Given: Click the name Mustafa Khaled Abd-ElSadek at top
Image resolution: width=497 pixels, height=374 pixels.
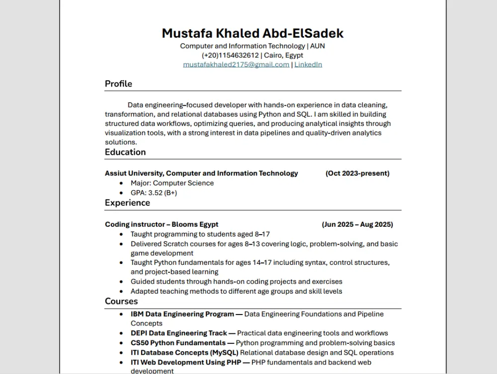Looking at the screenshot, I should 252,33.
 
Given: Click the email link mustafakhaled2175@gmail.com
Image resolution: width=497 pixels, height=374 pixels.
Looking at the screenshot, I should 236,64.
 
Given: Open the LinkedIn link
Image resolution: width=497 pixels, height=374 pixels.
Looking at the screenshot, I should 308,64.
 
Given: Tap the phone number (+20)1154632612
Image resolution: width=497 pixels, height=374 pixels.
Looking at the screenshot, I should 230,55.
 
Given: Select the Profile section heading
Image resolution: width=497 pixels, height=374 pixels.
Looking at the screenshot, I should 118,84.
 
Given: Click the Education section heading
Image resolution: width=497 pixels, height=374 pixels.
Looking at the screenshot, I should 125,152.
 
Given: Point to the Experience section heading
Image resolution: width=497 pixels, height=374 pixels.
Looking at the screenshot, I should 127,203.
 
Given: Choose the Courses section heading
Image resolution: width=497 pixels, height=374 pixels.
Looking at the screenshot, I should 121,302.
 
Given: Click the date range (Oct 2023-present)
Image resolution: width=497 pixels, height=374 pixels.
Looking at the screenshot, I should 357,174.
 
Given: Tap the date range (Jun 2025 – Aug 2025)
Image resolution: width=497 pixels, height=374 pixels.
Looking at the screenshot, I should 357,225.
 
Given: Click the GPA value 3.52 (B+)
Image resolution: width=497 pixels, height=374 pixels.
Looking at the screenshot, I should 162,193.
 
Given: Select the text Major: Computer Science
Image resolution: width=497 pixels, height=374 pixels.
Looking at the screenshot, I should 172,183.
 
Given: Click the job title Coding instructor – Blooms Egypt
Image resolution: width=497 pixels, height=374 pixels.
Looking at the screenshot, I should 162,225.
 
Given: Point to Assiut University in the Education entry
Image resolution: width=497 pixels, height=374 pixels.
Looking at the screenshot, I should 133,174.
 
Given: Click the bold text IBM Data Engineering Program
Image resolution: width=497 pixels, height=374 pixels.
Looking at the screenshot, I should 182,314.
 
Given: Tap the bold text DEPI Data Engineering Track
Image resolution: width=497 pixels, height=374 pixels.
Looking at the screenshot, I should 178,333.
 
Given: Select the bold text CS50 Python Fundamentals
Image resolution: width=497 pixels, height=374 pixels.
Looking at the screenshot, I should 178,343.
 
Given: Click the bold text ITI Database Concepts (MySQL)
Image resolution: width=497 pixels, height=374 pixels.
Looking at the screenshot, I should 184,353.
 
